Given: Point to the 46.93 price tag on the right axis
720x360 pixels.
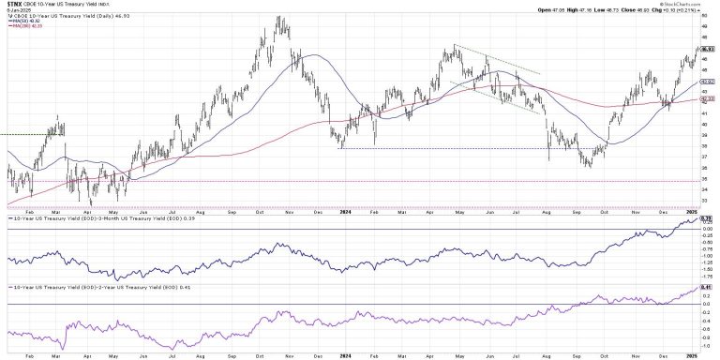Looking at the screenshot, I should click(x=709, y=49).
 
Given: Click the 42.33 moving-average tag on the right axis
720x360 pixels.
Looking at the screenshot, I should click(x=709, y=98).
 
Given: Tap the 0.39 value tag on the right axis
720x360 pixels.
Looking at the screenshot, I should click(x=709, y=218).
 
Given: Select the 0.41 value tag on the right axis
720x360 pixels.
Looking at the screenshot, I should click(x=709, y=285).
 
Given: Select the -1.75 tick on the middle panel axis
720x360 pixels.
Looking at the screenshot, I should click(x=709, y=276).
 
